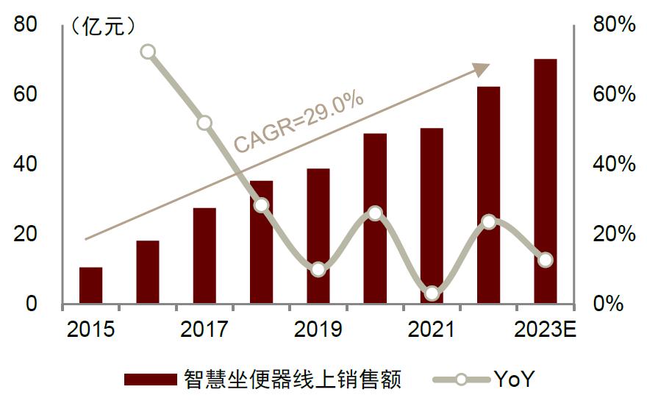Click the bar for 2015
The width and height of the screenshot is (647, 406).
pyautogui.click(x=90, y=285)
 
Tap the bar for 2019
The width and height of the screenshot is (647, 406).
pyautogui.click(x=318, y=235)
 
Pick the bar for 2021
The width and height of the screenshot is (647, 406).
pyautogui.click(x=432, y=221)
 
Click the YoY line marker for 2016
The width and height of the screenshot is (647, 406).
pyautogui.click(x=148, y=51)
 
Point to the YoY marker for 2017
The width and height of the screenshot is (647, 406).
pyautogui.click(x=204, y=123)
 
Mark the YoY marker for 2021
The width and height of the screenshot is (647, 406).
pyautogui.click(x=432, y=293)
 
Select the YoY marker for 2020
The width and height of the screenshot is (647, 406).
pyautogui.click(x=375, y=213)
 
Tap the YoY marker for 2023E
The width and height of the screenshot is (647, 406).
pyautogui.click(x=545, y=260)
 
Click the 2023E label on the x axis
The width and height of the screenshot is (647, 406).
pyautogui.click(x=545, y=329)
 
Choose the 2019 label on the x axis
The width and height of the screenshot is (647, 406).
pyautogui.click(x=318, y=329)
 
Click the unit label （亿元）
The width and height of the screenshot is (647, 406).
pyautogui.click(x=103, y=26)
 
